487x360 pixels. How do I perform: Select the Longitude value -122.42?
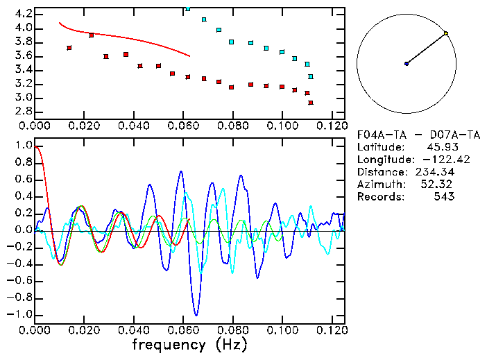coord(434,160)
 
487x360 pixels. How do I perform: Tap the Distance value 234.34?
coord(434,172)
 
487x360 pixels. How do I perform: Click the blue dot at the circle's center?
coord(407,64)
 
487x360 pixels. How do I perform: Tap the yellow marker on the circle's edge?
coord(446,33)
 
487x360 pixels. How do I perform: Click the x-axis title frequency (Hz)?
coord(189,345)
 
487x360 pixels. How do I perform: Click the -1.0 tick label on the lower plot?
coord(22,314)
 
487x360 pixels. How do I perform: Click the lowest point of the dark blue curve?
coord(196,316)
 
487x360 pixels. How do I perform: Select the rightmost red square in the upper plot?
coord(310,103)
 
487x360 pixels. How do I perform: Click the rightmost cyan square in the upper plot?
coord(310,76)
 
